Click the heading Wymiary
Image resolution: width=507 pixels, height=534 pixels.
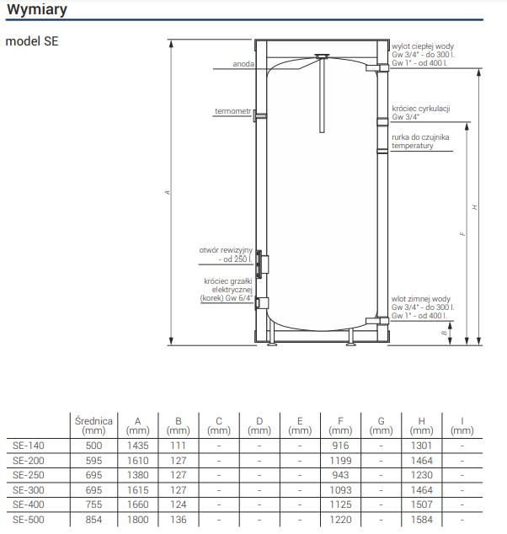[38, 10]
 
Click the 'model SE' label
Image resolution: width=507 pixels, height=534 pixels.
[32, 40]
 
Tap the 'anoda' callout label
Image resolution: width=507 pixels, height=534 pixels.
[243, 64]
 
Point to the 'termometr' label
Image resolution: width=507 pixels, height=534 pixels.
[232, 111]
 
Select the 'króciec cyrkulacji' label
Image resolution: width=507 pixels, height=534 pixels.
[421, 109]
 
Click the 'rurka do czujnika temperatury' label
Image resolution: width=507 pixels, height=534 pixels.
[420, 141]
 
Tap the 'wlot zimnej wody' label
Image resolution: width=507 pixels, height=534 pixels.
[421, 299]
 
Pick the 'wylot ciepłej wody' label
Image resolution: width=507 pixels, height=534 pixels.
[424, 46]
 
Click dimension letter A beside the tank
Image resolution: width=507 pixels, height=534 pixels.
[168, 193]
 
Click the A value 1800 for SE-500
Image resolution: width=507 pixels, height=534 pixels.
[136, 520]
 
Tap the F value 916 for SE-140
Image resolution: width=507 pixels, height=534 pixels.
[340, 446]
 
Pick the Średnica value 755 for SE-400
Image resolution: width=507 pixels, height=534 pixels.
[93, 505]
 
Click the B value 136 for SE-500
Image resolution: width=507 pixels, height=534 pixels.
[178, 520]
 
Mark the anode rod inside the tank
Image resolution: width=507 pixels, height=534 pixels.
[322, 93]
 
